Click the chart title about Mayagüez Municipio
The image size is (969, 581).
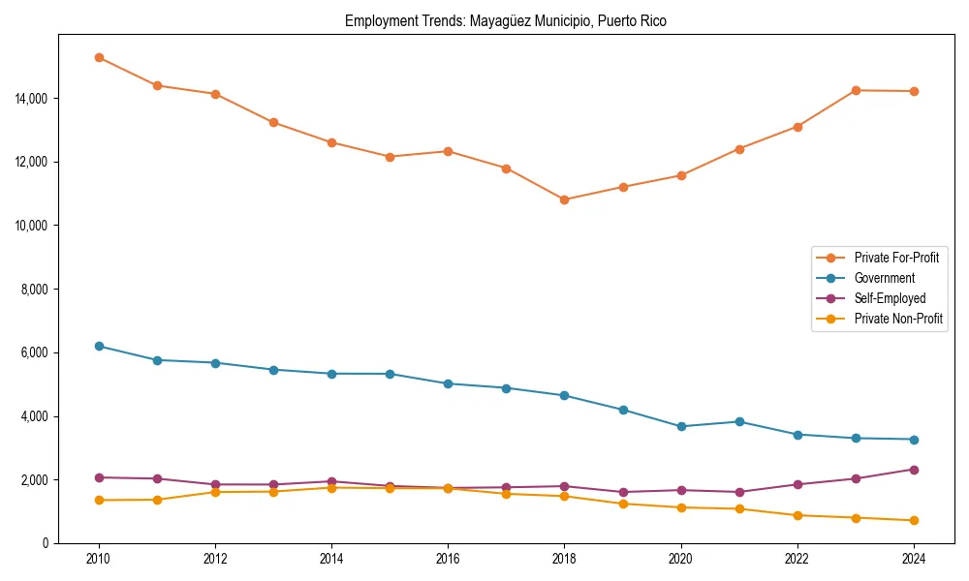coord(505,20)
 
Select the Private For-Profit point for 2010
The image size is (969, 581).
coord(99,57)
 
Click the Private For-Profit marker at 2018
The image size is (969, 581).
coord(564,199)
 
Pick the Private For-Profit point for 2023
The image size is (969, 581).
coord(856,90)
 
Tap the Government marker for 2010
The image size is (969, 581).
coord(99,346)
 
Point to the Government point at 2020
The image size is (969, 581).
coord(681,426)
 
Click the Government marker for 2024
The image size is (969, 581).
coord(914,440)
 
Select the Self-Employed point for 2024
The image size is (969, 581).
coord(914,470)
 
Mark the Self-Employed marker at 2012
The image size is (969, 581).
coord(215,484)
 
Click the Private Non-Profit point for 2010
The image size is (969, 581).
coord(99,500)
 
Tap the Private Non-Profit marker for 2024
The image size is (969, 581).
coord(914,521)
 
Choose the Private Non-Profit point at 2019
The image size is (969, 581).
coord(623,504)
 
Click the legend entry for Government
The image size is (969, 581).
coord(884,278)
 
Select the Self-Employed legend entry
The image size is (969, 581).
coord(890,298)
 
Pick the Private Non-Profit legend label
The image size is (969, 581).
coord(898,319)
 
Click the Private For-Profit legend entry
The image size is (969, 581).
coord(896,258)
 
